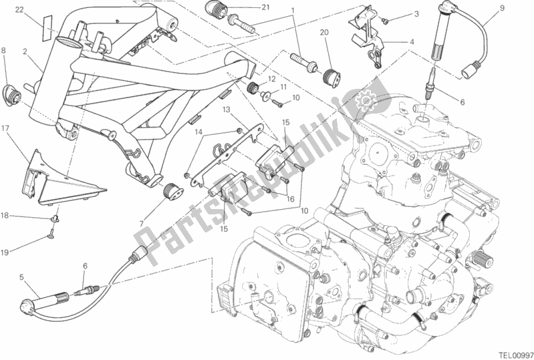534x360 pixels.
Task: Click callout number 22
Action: click(x=19, y=10)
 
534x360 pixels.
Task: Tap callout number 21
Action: click(x=265, y=7)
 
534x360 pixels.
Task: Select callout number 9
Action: click(x=503, y=8)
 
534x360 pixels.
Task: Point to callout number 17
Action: click(x=5, y=128)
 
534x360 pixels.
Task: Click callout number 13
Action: click(x=227, y=110)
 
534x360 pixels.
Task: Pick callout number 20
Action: click(x=324, y=32)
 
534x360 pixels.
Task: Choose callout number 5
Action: click(x=21, y=277)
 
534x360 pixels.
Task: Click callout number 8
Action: click(x=3, y=51)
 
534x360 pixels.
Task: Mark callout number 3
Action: click(x=416, y=14)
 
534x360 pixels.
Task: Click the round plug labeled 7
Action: click(x=170, y=193)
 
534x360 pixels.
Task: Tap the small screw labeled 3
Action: click(x=385, y=21)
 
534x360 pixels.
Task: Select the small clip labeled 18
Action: click(x=55, y=218)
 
